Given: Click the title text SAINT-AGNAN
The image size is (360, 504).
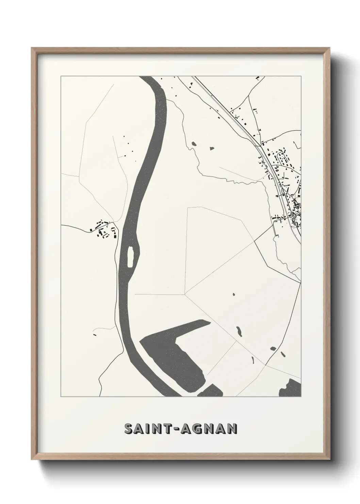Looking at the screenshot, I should tap(181, 429).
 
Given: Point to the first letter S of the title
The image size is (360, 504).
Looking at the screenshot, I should tap(129, 429).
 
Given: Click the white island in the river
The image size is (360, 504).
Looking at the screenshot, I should tap(130, 257).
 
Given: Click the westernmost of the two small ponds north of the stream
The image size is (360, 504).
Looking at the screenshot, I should tap(194, 144).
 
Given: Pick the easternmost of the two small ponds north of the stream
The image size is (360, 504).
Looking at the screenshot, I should tap(211, 148).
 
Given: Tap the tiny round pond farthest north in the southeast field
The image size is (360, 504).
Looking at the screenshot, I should tap(234, 294).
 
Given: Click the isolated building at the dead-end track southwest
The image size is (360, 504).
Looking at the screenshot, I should tap(95, 335).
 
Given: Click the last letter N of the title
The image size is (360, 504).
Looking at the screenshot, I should tap(232, 429).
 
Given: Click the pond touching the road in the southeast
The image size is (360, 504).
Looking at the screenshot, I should tap(273, 348).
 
